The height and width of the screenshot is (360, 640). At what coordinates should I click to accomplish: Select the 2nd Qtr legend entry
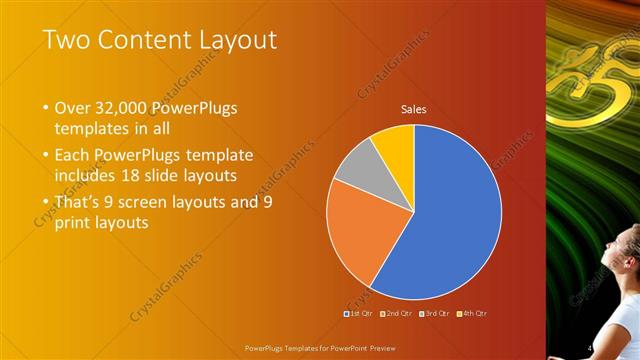coord(397,314)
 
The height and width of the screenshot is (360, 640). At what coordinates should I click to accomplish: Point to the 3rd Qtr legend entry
coord(434,314)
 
